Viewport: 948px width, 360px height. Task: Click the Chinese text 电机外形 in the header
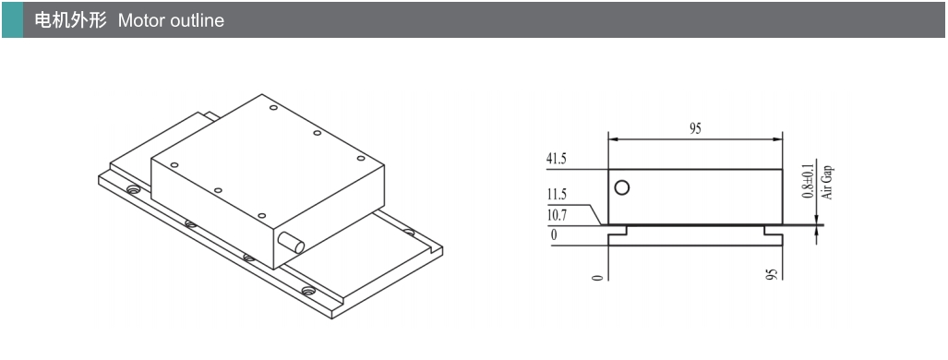[71, 20]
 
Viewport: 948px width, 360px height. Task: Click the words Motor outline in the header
[171, 20]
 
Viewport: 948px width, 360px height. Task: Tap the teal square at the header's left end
[12, 20]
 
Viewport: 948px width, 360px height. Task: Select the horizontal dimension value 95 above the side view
[695, 129]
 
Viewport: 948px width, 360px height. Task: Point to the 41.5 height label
[557, 159]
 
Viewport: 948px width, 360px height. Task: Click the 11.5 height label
[557, 195]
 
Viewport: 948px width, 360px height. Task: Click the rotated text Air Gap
[827, 182]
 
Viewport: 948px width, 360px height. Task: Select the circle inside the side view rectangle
[621, 187]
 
